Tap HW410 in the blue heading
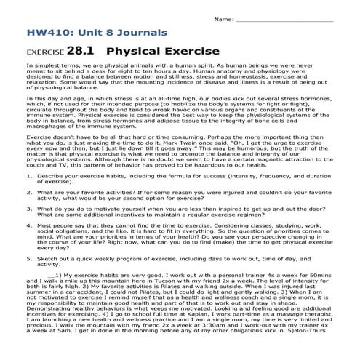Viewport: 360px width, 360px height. coord(46,33)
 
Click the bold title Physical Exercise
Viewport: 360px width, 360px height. coord(163,52)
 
